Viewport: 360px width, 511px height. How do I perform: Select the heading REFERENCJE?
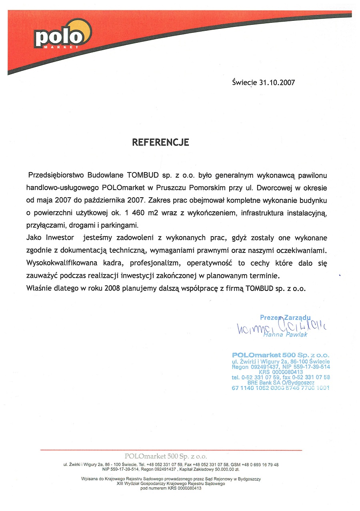tap(160, 142)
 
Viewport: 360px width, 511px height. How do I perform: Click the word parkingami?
tap(121, 225)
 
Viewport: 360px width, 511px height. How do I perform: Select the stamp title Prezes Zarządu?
tap(285, 317)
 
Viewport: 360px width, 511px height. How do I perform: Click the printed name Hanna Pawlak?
tap(285, 334)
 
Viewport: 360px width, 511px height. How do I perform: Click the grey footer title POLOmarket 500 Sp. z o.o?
tap(166, 456)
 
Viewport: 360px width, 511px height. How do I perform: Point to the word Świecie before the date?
tap(244, 83)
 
